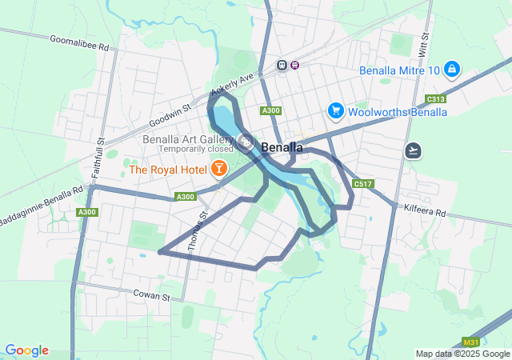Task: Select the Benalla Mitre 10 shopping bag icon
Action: [452, 70]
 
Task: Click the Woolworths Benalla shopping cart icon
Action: [336, 111]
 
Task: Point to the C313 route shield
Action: [436, 98]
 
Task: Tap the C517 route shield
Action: [363, 184]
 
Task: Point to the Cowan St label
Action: [152, 295]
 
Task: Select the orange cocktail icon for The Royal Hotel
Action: [217, 169]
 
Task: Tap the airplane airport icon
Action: [414, 150]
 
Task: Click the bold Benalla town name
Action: [282, 148]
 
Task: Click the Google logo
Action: [26, 350]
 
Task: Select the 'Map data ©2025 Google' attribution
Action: [462, 354]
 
